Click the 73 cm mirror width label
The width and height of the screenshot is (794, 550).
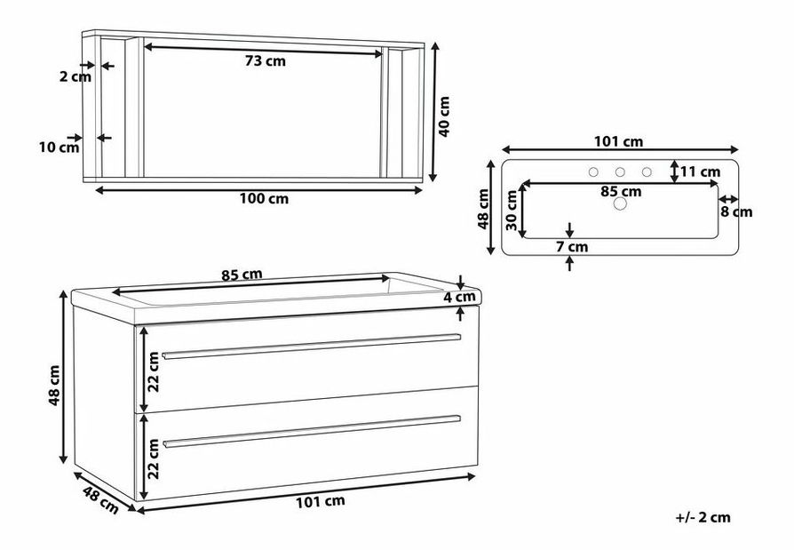266,61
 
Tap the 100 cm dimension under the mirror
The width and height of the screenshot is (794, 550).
264,198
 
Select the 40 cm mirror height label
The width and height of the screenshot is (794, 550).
443,116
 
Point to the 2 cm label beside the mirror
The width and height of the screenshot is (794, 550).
75,76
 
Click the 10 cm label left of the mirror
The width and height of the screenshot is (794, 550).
60,147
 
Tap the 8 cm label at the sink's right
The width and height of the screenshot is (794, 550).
736,211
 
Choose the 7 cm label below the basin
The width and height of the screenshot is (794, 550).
572,247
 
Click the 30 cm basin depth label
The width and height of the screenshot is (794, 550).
512,211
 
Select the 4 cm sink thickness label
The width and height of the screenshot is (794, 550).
459,297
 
